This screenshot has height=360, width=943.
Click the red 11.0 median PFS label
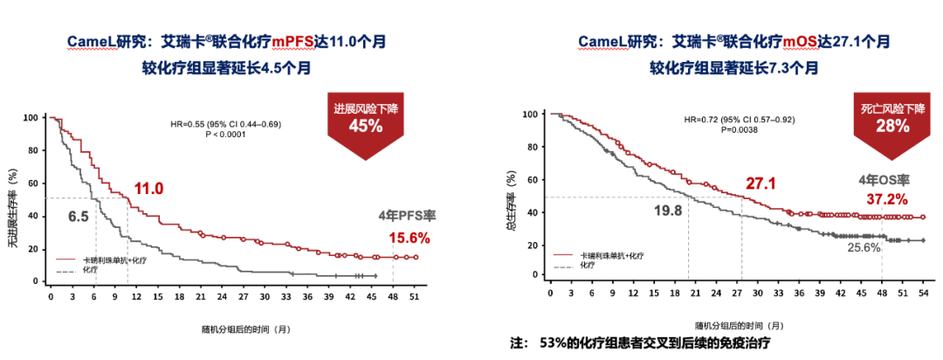pyautogui.click(x=148, y=188)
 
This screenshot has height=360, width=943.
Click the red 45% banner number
pyautogui.click(x=367, y=126)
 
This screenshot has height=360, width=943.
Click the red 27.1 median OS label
pyautogui.click(x=761, y=184)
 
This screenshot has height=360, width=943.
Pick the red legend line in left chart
pyautogui.click(x=68, y=260)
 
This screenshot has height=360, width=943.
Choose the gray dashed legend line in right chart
pyautogui.click(x=564, y=262)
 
